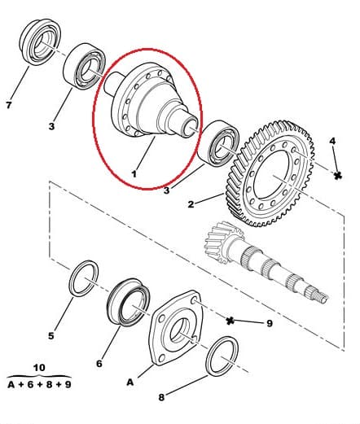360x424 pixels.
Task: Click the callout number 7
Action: pos(9,105)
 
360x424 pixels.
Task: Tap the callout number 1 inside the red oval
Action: pos(134,173)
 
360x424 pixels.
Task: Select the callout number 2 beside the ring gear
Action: pos(191,204)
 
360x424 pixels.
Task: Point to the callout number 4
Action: pos(332,141)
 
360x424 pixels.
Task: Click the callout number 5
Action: pos(51,336)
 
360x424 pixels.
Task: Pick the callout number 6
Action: pos(99,363)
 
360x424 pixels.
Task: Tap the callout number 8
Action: pos(161,397)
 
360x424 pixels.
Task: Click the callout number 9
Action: pos(270,323)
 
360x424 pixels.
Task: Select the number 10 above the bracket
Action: pos(39,368)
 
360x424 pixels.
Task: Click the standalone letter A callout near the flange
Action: pos(130,382)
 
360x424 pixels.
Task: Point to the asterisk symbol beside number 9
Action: pos(230,321)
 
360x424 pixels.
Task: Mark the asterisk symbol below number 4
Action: pos(337,176)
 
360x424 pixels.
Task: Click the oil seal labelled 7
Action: pos(40,42)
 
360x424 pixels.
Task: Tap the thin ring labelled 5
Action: pos(84,278)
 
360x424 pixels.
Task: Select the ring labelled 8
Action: pos(222,356)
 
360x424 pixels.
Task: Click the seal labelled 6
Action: pos(128,302)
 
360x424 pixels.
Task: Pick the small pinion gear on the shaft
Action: pos(222,243)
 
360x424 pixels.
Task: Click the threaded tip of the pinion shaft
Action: pos(322,296)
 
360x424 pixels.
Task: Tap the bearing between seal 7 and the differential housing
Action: pos(85,66)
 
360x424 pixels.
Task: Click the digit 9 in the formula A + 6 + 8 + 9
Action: pos(68,384)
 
